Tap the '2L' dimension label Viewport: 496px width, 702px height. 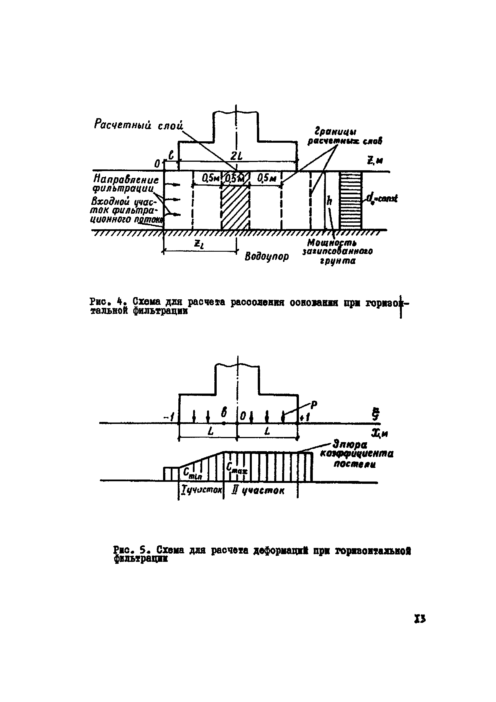coord(236,156)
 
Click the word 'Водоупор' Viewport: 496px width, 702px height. coord(267,256)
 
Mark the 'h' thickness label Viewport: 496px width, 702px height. coord(329,201)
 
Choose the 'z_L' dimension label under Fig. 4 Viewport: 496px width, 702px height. coord(198,244)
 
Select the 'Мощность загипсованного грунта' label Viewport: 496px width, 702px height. coord(337,252)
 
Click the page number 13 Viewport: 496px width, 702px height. coord(420,619)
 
